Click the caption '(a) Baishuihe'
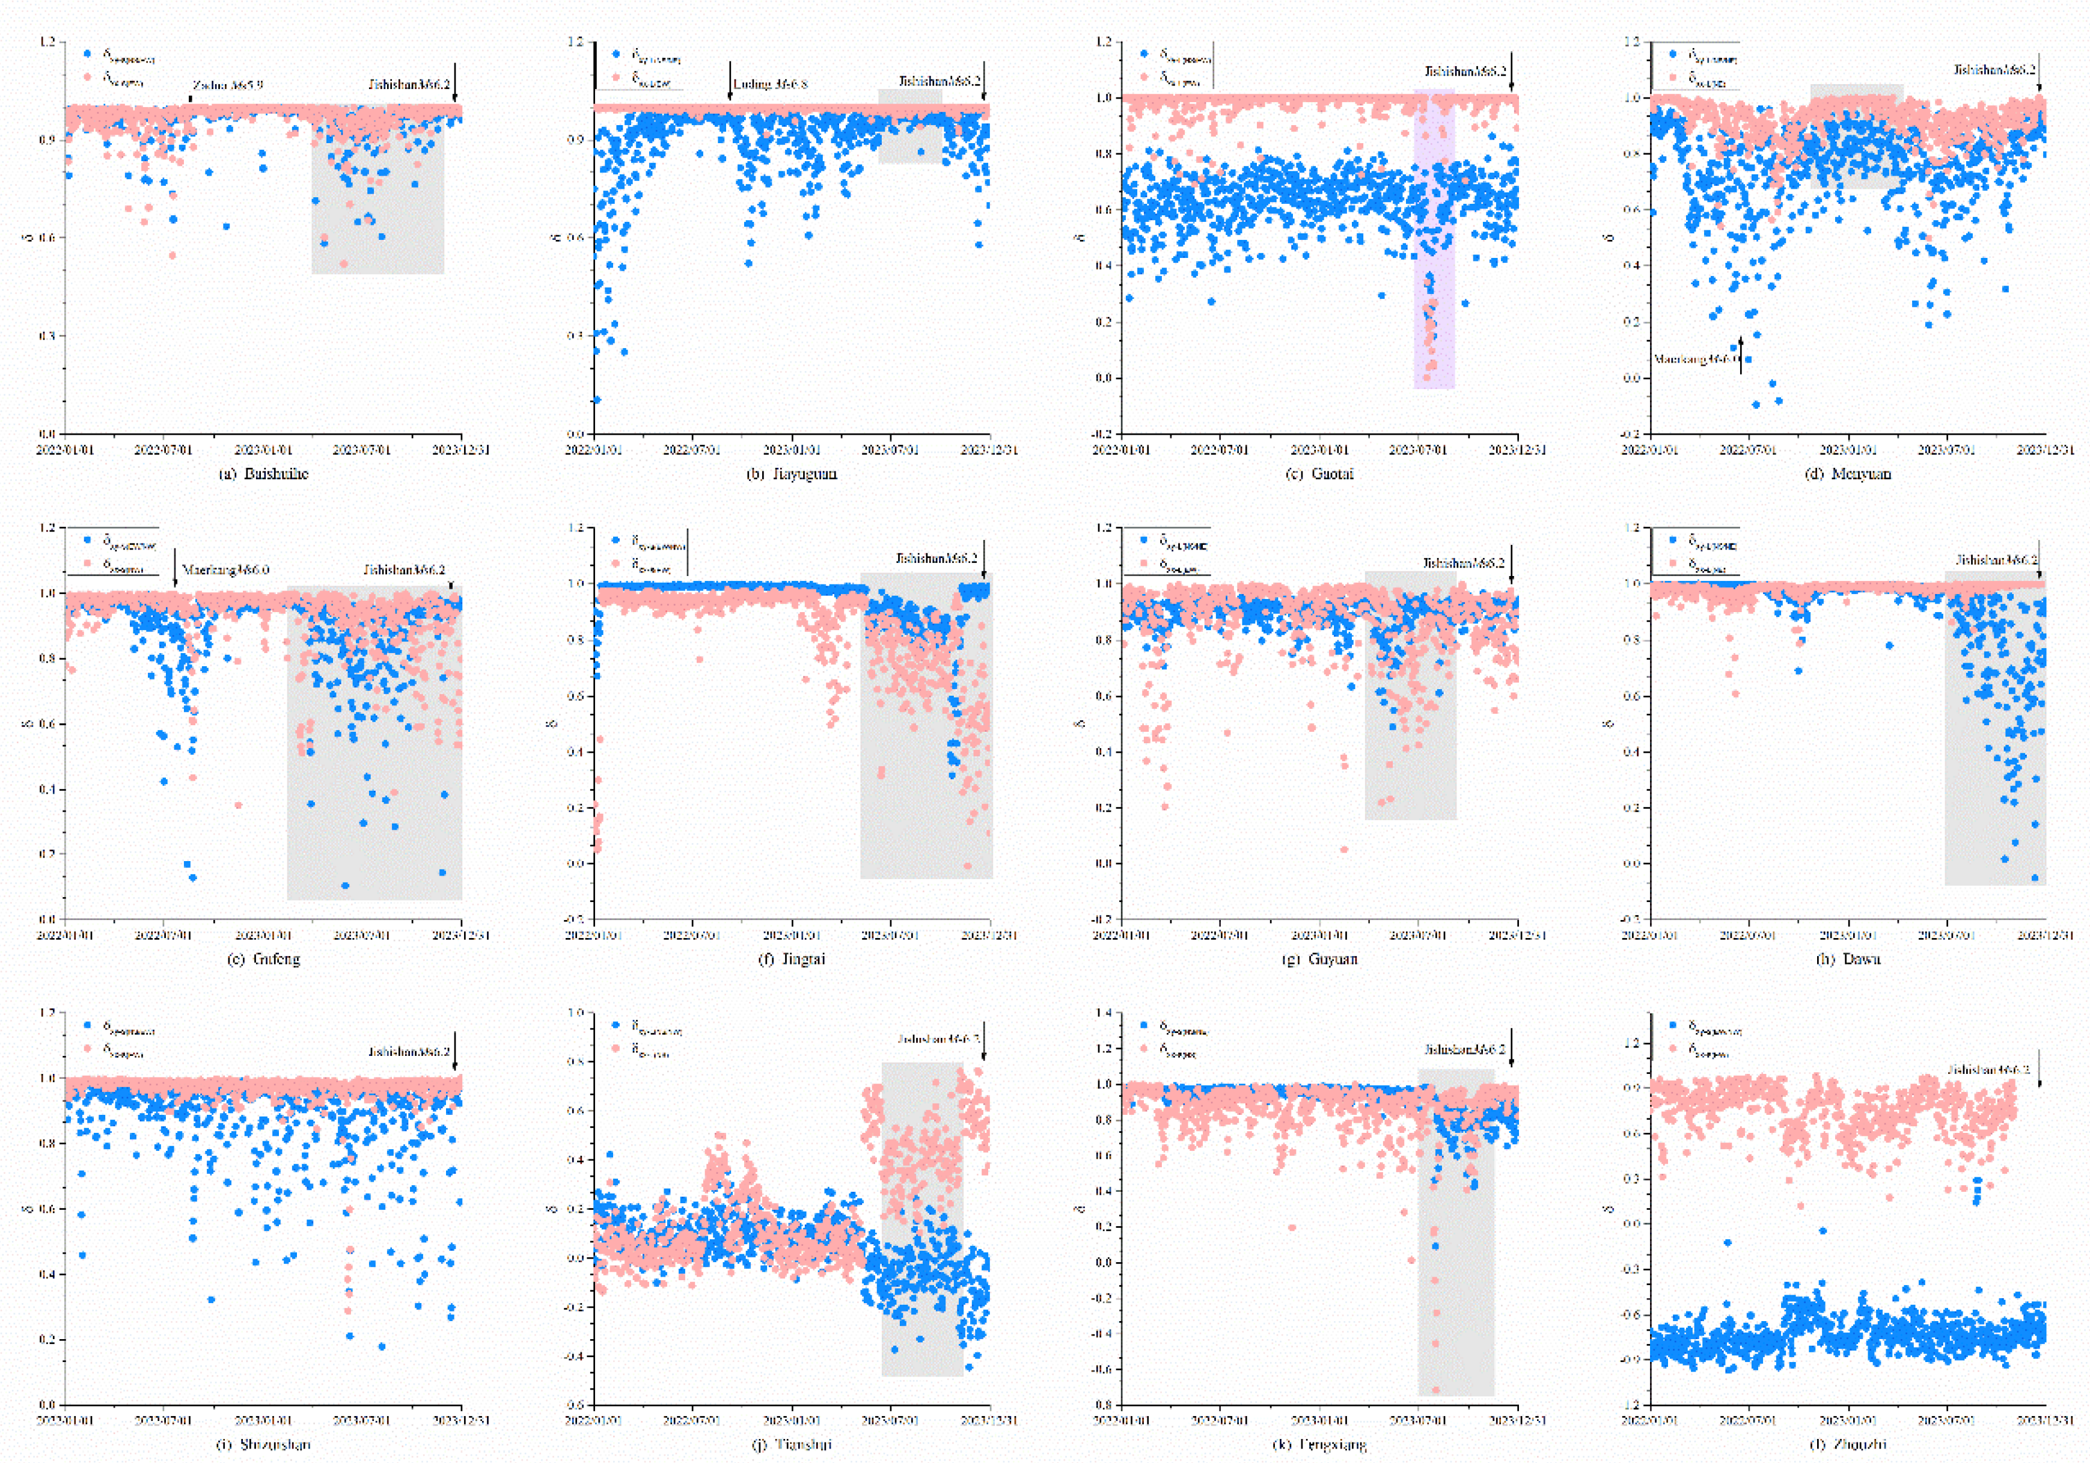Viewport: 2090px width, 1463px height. [x=264, y=473]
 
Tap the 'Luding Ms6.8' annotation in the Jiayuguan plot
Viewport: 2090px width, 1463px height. [x=770, y=84]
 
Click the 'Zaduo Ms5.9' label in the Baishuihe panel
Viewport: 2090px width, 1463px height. [x=228, y=85]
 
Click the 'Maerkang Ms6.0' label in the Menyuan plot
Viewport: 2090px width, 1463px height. [x=1693, y=360]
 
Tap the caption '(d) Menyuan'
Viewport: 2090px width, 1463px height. [x=1848, y=473]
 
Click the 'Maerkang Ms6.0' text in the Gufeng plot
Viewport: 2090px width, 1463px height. [x=226, y=570]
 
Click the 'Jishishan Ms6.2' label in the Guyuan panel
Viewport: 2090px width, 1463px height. [x=1464, y=563]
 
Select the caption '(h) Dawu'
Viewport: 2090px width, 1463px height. [x=1848, y=958]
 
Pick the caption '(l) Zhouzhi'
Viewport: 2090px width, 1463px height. [x=1848, y=1444]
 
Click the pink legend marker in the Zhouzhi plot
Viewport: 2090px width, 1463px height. [x=1673, y=1048]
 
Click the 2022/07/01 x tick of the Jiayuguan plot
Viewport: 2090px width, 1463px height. [x=692, y=450]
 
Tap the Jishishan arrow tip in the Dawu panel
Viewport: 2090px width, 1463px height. [x=2039, y=578]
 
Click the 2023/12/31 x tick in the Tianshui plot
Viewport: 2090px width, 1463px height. [x=991, y=1420]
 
